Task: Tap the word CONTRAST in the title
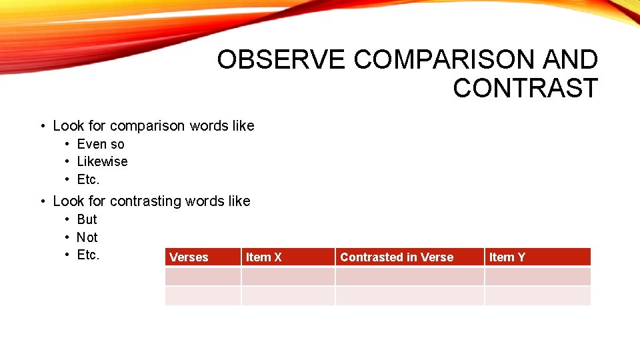pyautogui.click(x=525, y=88)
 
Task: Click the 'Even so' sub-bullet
pyautogui.click(x=101, y=144)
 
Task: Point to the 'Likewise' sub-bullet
pyautogui.click(x=102, y=161)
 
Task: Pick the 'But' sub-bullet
pyautogui.click(x=87, y=219)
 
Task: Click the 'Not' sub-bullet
pyautogui.click(x=87, y=237)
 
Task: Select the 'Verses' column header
pyautogui.click(x=189, y=257)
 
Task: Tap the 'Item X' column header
pyautogui.click(x=264, y=257)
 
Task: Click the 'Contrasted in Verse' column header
pyautogui.click(x=397, y=257)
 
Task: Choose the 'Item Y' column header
pyautogui.click(x=507, y=257)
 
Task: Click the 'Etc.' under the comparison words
pyautogui.click(x=88, y=179)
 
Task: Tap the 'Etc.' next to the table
pyautogui.click(x=88, y=255)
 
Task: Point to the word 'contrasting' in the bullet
pyautogui.click(x=145, y=201)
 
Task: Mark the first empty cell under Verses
pyautogui.click(x=203, y=277)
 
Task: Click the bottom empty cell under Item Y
pyautogui.click(x=537, y=296)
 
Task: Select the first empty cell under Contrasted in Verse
pyautogui.click(x=409, y=277)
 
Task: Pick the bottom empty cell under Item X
pyautogui.click(x=288, y=296)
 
